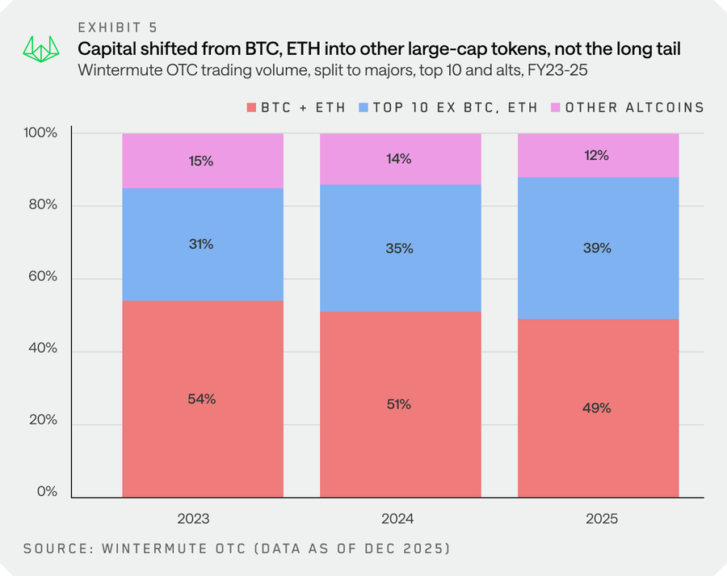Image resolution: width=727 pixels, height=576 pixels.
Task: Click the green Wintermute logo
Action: coord(42,48)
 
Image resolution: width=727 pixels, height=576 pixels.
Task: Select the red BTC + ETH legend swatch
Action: coord(251,107)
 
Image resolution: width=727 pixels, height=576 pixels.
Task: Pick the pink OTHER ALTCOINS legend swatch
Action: coord(556,107)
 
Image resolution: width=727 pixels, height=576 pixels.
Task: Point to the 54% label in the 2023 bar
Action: coord(202,399)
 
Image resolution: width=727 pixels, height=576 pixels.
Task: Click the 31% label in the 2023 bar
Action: coord(202,244)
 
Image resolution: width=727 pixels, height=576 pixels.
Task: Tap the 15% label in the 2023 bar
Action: coord(202,161)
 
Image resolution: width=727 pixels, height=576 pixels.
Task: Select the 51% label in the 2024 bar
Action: coord(400,404)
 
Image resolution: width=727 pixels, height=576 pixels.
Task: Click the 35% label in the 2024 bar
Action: coord(400,249)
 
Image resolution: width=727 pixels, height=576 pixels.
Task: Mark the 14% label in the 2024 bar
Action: coord(400,159)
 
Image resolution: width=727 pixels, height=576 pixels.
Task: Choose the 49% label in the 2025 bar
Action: coord(598,408)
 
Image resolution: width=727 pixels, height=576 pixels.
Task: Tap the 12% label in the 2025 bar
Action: coord(598,155)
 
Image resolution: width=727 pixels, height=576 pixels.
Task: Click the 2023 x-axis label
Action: coord(202,518)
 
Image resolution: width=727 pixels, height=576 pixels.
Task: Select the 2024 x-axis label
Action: coord(400,518)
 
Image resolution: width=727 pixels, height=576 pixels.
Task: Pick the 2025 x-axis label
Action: coord(598,518)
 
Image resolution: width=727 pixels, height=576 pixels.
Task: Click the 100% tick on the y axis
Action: coord(41,132)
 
